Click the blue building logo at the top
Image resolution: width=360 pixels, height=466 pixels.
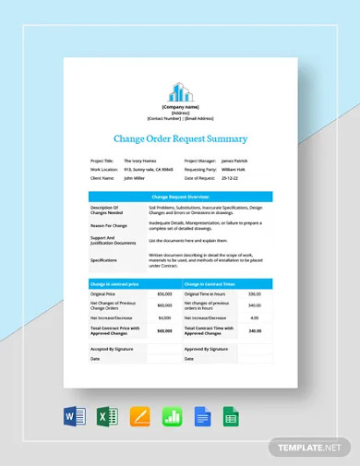click(180, 92)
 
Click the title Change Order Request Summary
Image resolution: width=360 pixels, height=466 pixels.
click(180, 139)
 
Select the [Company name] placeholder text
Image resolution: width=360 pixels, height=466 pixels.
click(180, 107)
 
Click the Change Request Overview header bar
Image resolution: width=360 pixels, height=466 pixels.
click(180, 197)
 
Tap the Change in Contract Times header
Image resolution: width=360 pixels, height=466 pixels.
click(210, 284)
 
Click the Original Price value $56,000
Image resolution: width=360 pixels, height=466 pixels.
click(165, 293)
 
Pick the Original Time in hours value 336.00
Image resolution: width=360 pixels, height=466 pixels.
click(255, 293)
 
